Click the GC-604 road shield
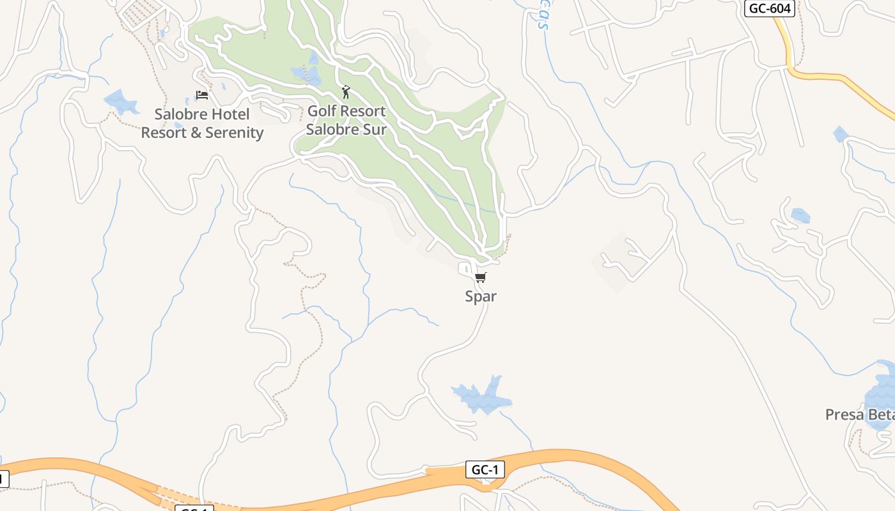coord(770,9)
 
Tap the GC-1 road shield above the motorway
coord(485,470)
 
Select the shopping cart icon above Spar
coord(481,277)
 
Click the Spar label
coord(481,296)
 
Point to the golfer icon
coord(346,93)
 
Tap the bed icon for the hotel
coord(202,95)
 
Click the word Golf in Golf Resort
coord(322,111)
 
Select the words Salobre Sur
coord(346,129)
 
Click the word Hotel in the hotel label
coord(232,115)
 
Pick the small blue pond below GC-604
coord(840,134)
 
